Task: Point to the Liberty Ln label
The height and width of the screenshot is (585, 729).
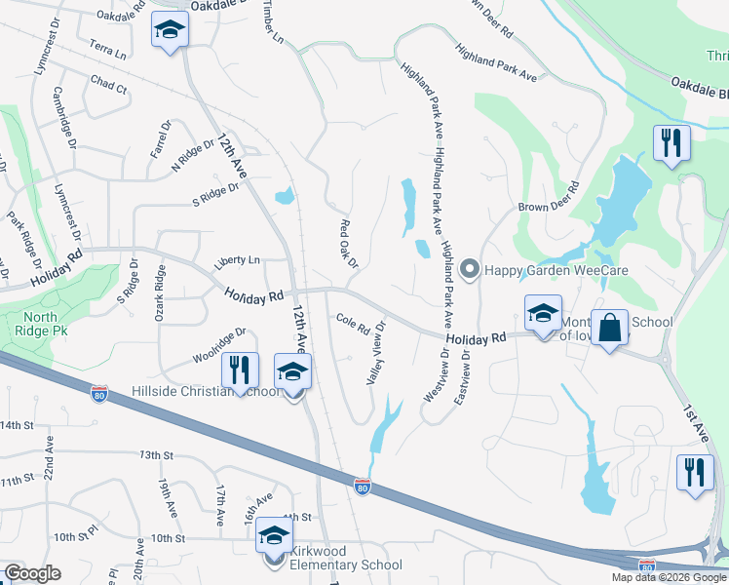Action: [237, 261]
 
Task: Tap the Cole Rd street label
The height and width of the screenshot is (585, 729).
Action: [352, 321]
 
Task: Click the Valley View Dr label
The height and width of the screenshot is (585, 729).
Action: [377, 352]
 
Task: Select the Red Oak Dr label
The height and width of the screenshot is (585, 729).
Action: [349, 244]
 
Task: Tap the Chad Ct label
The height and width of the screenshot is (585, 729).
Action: [108, 86]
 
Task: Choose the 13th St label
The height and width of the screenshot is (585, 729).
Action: [155, 455]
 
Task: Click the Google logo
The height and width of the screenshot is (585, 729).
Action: [32, 573]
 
